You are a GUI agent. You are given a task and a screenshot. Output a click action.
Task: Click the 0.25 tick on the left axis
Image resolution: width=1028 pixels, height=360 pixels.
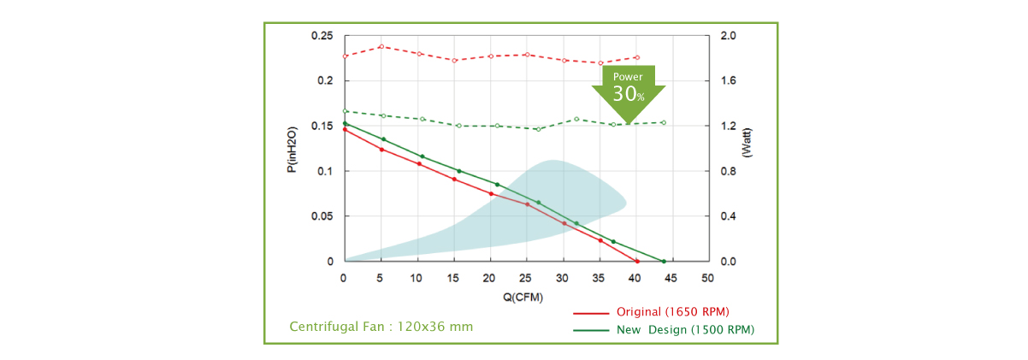pyautogui.click(x=322, y=36)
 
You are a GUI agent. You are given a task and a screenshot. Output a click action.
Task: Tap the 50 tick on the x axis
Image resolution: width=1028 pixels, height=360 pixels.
pyautogui.click(x=707, y=279)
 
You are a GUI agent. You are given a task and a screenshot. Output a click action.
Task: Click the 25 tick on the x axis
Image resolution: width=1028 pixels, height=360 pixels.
pyautogui.click(x=525, y=279)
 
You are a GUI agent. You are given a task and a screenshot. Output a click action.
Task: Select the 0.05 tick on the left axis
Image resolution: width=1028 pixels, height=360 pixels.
pyautogui.click(x=322, y=216)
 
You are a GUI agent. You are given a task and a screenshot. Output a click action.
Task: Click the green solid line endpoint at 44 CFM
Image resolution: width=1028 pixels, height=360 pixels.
pyautogui.click(x=663, y=261)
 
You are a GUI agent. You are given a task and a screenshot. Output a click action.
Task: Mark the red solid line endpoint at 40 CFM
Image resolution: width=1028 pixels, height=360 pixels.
pyautogui.click(x=637, y=261)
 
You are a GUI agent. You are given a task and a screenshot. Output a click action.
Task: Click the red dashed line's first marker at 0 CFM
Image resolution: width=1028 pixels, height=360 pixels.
pyautogui.click(x=345, y=56)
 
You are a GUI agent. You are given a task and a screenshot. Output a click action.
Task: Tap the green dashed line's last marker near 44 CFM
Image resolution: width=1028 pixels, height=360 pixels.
pyautogui.click(x=664, y=122)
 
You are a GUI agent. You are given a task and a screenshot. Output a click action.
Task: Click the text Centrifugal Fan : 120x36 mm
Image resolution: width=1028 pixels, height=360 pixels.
pyautogui.click(x=381, y=327)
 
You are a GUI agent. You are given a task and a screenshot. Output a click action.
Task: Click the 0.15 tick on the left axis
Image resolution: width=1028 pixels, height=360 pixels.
pyautogui.click(x=322, y=126)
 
